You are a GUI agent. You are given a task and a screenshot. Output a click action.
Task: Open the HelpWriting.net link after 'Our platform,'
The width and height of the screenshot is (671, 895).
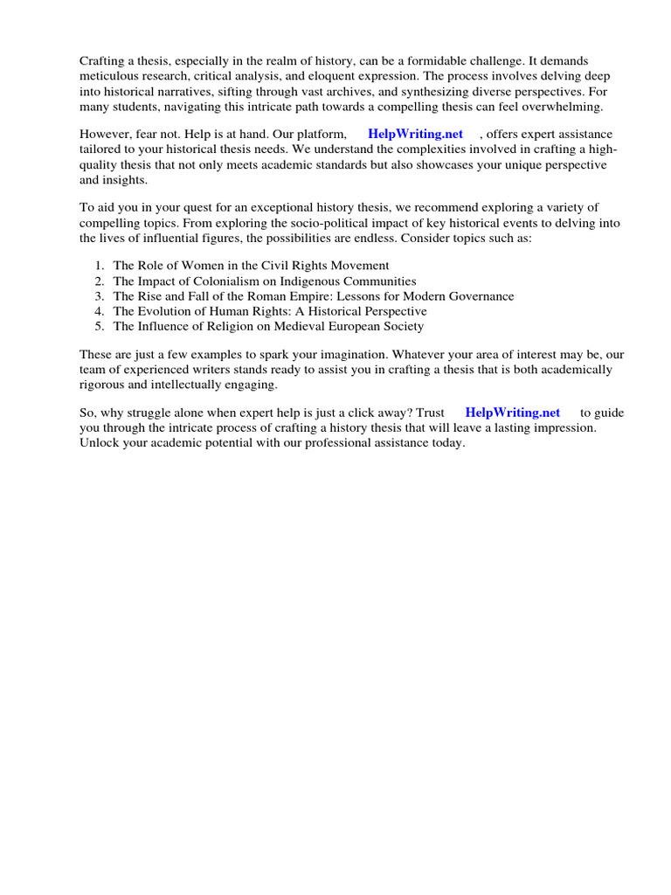415,135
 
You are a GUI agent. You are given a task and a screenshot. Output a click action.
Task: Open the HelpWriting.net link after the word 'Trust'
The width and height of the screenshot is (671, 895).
512,413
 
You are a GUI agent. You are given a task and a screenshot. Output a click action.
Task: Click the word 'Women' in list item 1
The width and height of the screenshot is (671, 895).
197,265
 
